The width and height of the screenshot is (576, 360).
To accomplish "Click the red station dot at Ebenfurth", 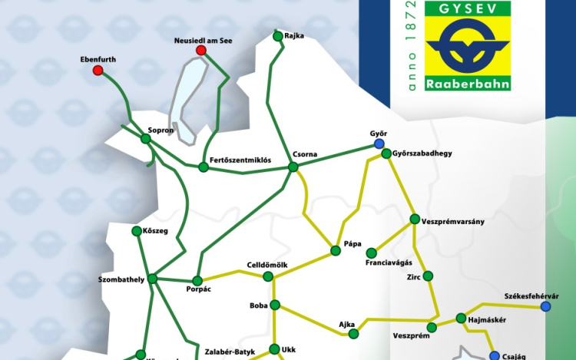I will [x=98, y=71].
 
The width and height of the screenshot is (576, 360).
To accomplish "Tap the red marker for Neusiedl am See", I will [x=201, y=51].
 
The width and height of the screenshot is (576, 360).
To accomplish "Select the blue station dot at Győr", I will [x=378, y=144].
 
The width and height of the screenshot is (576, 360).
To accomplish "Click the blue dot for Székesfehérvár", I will [x=545, y=306].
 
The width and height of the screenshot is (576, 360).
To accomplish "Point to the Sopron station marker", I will [x=145, y=139].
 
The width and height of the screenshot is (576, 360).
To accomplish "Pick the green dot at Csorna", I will [x=293, y=167].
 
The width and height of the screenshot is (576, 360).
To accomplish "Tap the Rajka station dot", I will [x=277, y=35].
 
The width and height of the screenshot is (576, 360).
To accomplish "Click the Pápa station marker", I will [x=335, y=250].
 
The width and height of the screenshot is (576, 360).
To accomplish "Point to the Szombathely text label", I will [x=122, y=279].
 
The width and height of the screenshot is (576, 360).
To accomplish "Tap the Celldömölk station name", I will [x=267, y=265].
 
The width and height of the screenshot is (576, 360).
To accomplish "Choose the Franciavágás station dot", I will [x=371, y=253].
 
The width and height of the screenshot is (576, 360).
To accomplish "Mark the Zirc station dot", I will [x=428, y=276].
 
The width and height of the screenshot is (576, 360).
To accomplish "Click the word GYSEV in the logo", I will [x=467, y=8].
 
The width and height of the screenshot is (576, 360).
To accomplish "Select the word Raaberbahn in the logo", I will [x=467, y=81].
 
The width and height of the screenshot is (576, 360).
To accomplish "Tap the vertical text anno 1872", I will [x=412, y=47].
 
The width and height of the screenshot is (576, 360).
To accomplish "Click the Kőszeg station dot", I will [x=137, y=230].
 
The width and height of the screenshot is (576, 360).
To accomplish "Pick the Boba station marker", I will [x=275, y=305].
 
